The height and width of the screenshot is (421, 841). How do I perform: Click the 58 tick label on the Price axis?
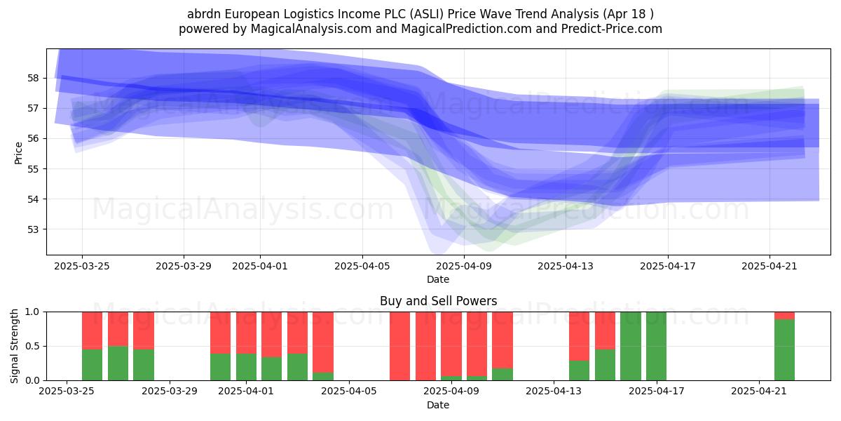tap(33, 78)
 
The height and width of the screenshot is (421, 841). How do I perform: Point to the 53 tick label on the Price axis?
tap(33, 229)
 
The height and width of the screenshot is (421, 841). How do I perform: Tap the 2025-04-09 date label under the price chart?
tap(464, 266)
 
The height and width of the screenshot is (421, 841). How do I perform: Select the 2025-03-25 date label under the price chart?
tap(82, 266)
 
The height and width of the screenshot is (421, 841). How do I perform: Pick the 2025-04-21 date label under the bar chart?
tap(759, 392)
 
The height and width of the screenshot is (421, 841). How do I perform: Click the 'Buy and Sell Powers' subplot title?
tap(438, 301)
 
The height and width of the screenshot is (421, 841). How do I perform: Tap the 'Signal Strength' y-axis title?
tap(14, 346)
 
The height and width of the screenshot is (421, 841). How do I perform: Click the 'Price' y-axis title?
tap(18, 154)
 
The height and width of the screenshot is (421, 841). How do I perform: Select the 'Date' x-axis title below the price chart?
tap(438, 279)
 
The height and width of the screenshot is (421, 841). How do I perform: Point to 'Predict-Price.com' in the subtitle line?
tap(612, 29)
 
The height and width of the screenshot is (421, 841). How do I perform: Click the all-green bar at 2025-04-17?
tap(656, 346)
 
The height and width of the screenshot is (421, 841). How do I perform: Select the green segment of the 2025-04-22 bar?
tap(785, 350)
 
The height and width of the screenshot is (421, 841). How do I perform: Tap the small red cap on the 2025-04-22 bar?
tap(785, 316)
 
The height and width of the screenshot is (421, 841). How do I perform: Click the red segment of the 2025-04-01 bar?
tap(246, 333)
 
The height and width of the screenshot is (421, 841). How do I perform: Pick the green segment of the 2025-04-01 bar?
tap(246, 367)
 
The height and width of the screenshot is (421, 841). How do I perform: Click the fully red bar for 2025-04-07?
tap(400, 346)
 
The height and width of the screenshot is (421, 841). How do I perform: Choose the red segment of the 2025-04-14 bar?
tap(580, 336)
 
